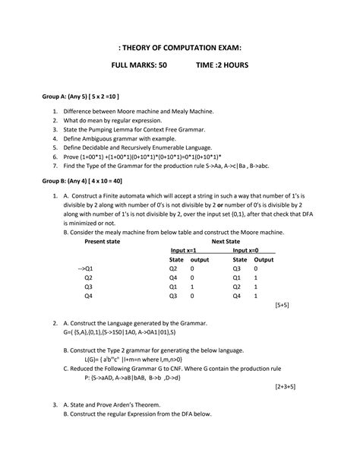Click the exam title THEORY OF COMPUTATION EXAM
[180, 48]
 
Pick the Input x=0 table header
[245, 250]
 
